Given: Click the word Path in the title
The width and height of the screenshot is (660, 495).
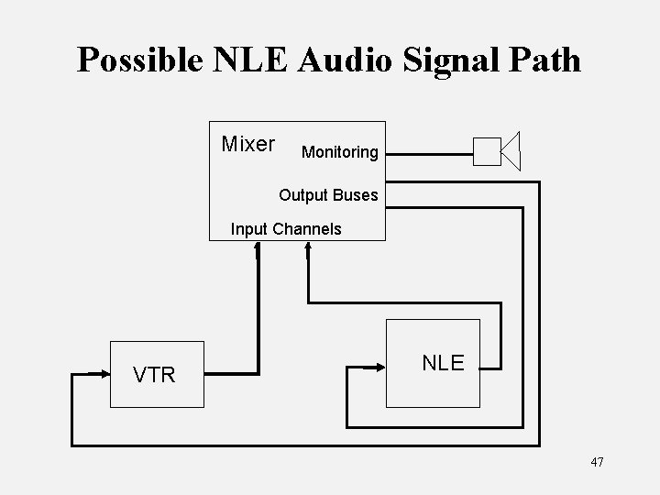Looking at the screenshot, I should click(544, 60).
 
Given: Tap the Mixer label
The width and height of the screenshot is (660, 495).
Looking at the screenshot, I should click(248, 145).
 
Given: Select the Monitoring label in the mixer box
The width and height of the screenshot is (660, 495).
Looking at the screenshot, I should click(339, 152).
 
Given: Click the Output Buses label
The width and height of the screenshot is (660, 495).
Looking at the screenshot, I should click(328, 194).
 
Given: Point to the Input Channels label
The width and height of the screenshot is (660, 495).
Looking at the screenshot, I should click(286, 229).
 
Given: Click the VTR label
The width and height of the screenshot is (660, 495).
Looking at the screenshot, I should click(154, 375).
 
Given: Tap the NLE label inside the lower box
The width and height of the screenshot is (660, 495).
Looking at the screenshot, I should click(443, 362).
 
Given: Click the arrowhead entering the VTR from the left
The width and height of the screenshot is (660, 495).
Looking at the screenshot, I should click(102, 373).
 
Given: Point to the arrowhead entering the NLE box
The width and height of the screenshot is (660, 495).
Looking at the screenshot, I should click(378, 367).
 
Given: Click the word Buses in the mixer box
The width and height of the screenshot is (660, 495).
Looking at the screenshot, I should click(357, 194).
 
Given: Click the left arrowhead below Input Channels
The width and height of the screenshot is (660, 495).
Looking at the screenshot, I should click(258, 248).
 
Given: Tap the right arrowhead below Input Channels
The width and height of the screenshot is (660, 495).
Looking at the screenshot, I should click(307, 248).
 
